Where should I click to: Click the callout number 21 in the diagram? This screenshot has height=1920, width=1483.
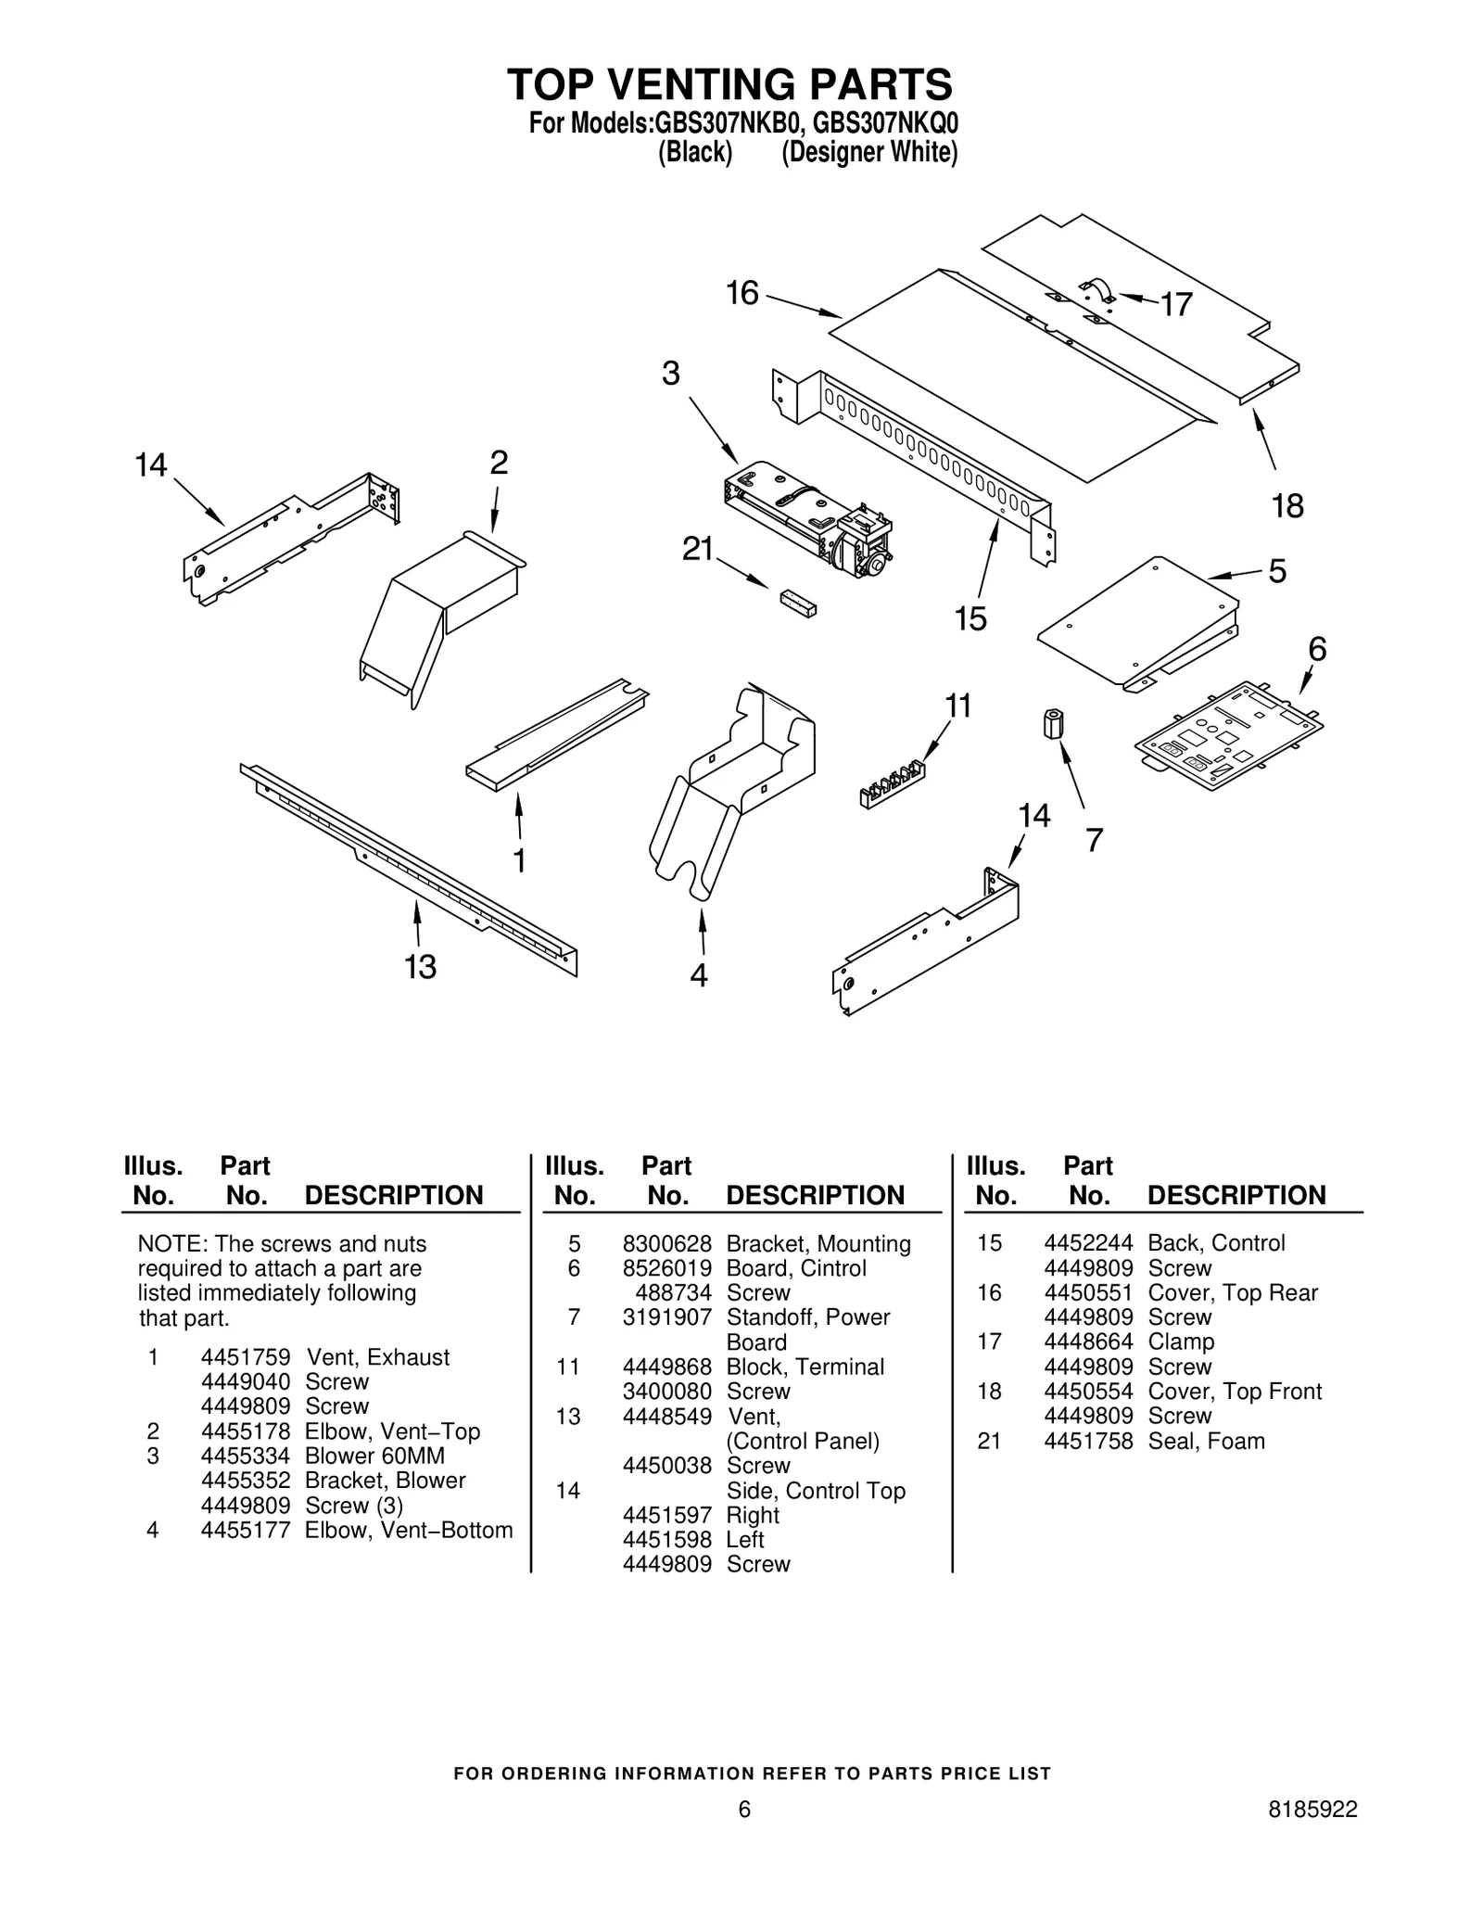[x=697, y=551]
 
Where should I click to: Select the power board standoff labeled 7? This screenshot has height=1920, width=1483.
[x=1053, y=722]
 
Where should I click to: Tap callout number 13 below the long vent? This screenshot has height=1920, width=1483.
[x=420, y=968]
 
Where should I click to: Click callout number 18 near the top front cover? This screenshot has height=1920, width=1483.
[x=1287, y=506]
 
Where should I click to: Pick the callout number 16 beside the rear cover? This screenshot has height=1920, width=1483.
[x=741, y=294]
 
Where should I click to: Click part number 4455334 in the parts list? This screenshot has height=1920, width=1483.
[x=246, y=1456]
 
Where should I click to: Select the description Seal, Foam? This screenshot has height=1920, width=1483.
[x=1206, y=1441]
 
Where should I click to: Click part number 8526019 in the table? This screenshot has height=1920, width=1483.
[x=666, y=1268]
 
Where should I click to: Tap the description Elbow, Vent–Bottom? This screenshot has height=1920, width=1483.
[x=409, y=1530]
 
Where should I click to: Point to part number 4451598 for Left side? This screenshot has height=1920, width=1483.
[x=666, y=1539]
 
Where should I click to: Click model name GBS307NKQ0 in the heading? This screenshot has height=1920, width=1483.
[x=885, y=123]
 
